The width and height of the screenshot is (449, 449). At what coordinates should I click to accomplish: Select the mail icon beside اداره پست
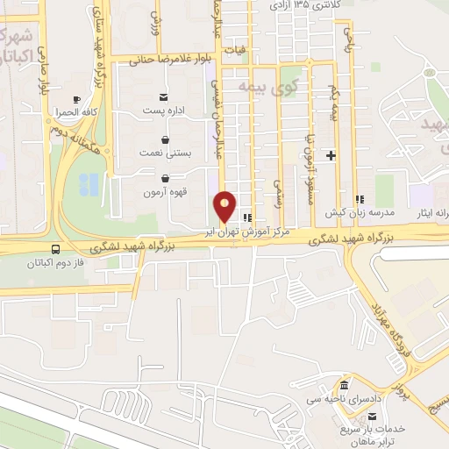tap(165, 97)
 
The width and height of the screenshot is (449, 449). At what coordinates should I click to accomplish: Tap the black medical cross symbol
tap(331, 155)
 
